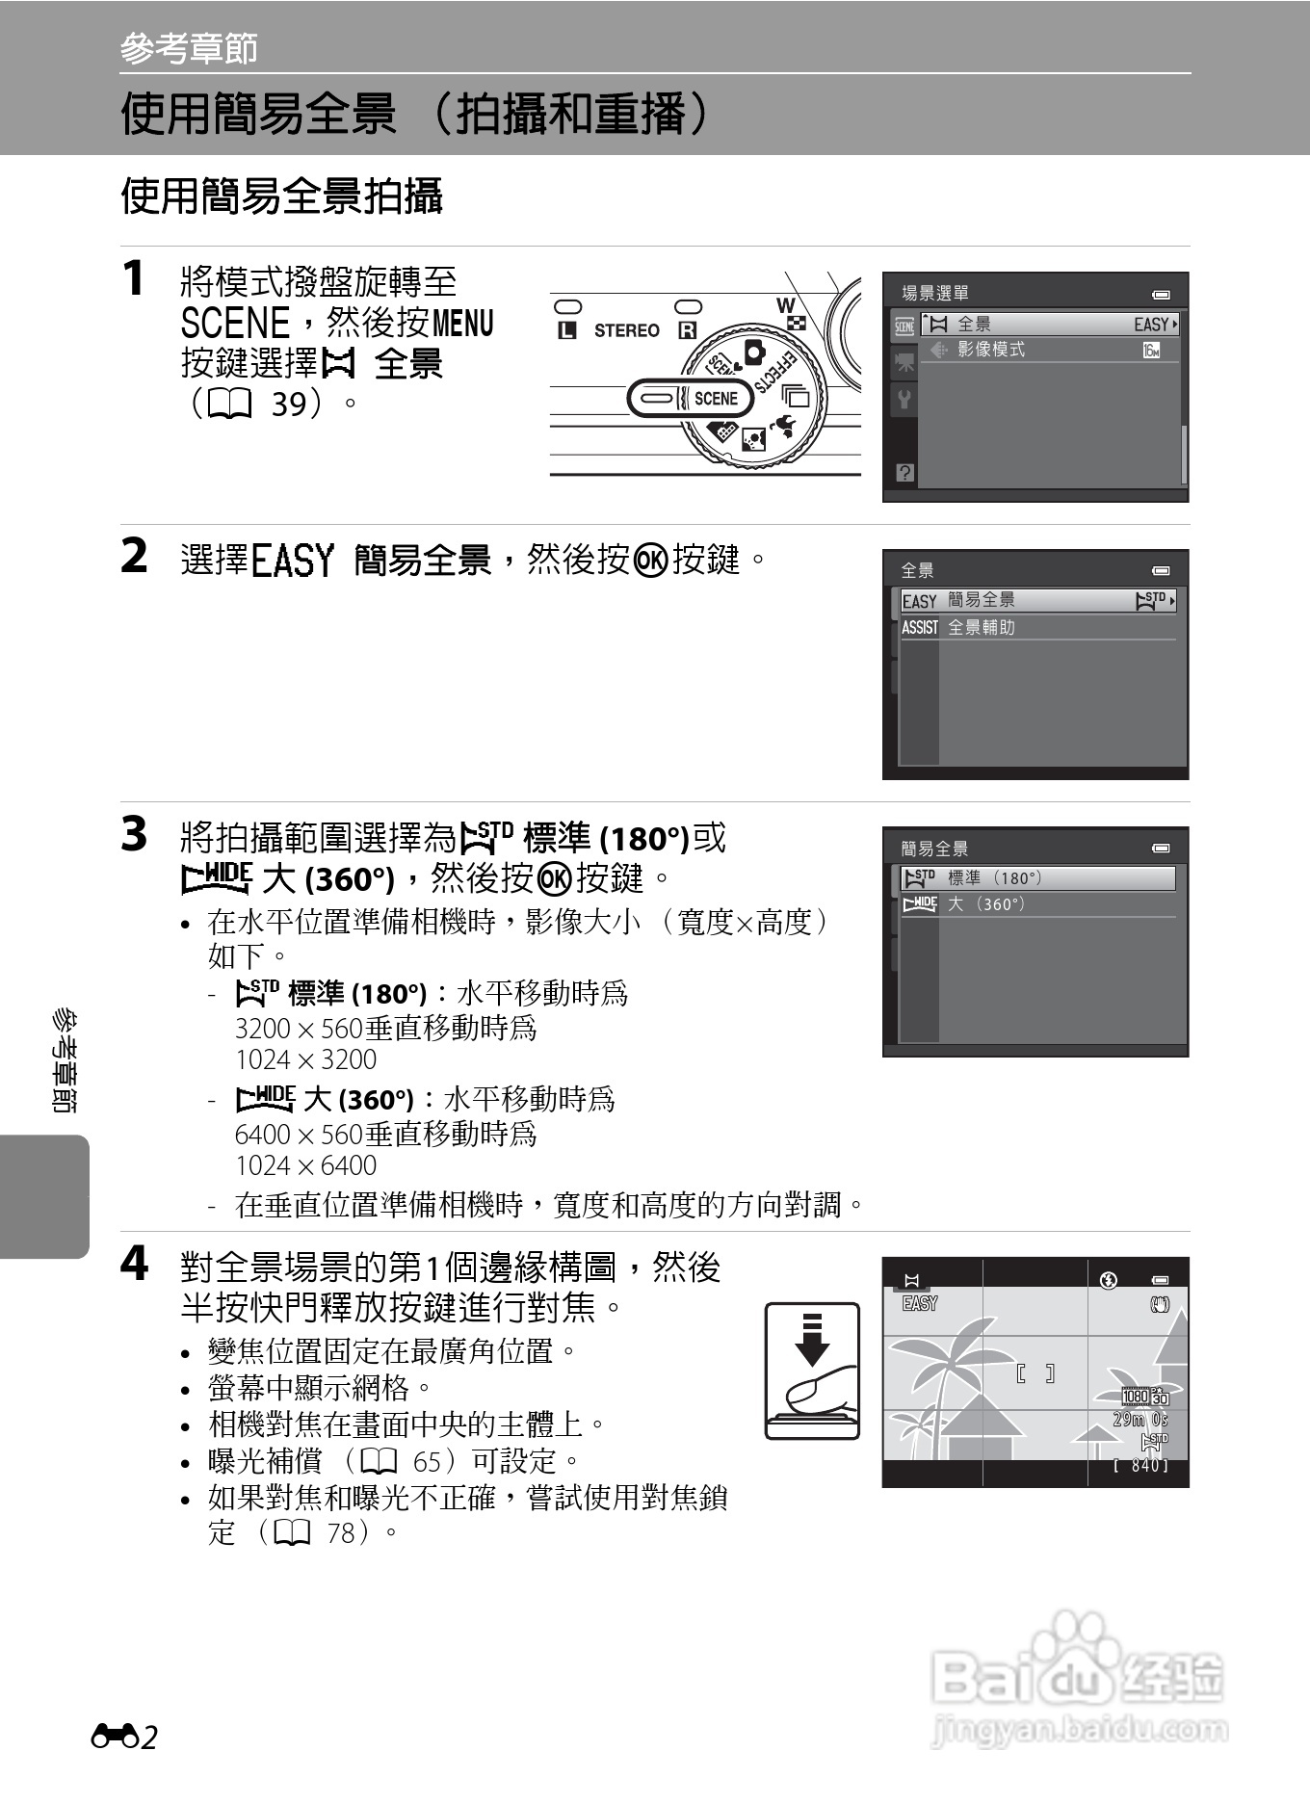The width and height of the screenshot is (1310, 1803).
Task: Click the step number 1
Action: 134,278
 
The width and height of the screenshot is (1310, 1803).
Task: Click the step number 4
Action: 134,1264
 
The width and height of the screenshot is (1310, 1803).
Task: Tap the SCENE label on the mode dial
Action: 715,398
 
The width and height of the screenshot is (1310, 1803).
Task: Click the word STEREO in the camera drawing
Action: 626,330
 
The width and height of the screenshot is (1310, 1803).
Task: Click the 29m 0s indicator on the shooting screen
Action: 1140,1420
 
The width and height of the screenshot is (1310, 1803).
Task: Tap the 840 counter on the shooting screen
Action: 1143,1465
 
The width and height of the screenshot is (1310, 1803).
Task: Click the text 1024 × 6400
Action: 305,1165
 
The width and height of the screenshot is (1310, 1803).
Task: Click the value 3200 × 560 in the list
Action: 298,1028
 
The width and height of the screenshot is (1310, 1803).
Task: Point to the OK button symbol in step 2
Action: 651,560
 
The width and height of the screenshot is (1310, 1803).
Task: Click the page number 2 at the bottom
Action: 148,1738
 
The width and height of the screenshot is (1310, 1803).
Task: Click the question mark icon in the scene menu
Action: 904,473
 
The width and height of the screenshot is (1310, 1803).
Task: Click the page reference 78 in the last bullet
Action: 342,1532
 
